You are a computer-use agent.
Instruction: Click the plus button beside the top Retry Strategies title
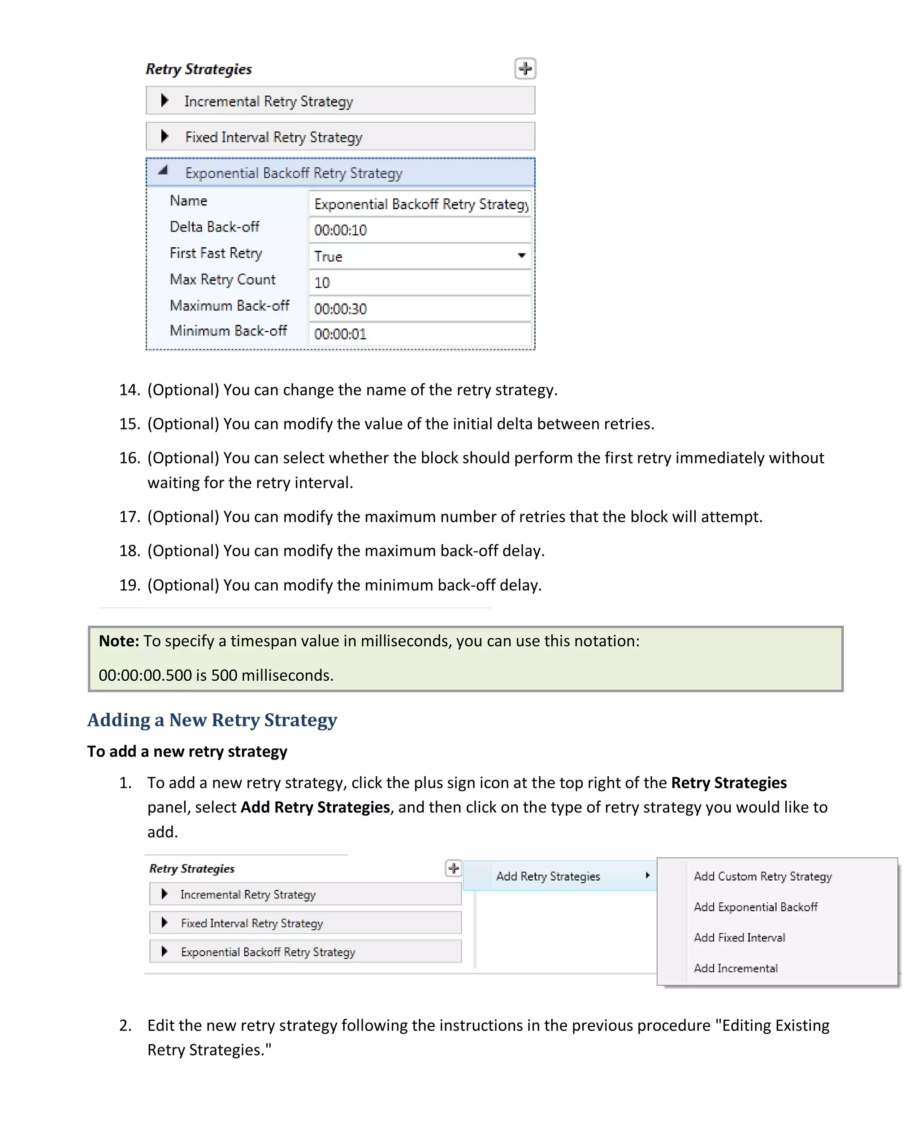(525, 69)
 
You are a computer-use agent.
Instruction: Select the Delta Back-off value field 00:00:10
(419, 230)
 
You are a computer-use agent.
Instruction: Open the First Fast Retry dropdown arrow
(521, 256)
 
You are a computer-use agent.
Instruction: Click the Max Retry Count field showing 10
(419, 282)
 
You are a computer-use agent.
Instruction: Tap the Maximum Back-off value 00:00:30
(419, 308)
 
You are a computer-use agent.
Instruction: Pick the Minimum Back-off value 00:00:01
(419, 334)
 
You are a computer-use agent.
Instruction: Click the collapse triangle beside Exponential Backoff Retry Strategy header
(163, 171)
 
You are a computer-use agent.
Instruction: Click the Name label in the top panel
(188, 201)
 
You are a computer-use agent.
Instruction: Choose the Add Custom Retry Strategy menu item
(762, 876)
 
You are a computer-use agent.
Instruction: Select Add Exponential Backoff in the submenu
(755, 907)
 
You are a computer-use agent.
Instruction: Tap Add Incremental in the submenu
(736, 969)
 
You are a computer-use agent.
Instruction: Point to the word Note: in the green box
(119, 641)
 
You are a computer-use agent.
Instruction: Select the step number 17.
(129, 517)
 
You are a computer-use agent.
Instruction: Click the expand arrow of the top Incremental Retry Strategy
(165, 100)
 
